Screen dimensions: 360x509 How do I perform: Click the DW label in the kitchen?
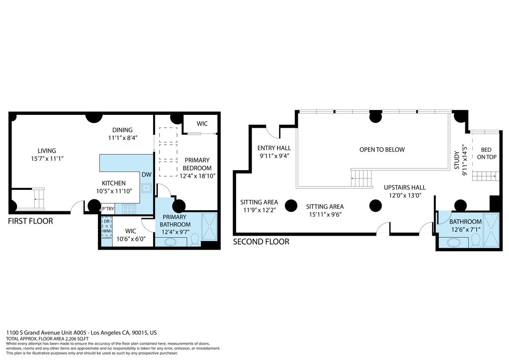coord(147,175)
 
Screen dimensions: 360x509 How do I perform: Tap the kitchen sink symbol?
coord(146,188)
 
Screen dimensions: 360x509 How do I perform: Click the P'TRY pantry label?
coord(108,209)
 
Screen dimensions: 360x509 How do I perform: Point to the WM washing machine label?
coord(106,231)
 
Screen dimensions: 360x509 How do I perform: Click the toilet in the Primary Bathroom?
coord(195,241)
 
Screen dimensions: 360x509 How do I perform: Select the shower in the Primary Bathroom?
coord(210,227)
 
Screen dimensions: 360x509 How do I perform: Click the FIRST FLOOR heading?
coord(30,221)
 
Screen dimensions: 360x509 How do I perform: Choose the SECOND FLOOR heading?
coord(261,242)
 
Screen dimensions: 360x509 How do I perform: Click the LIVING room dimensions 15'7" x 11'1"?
coord(47,159)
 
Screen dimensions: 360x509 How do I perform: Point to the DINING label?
coord(122,130)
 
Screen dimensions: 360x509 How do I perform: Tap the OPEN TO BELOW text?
coord(382,150)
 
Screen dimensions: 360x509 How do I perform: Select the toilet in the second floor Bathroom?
coord(475,240)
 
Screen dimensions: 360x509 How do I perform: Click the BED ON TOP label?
coord(485,153)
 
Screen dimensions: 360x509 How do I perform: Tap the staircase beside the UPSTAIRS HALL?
coord(361,178)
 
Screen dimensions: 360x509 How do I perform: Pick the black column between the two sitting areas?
coord(291,205)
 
